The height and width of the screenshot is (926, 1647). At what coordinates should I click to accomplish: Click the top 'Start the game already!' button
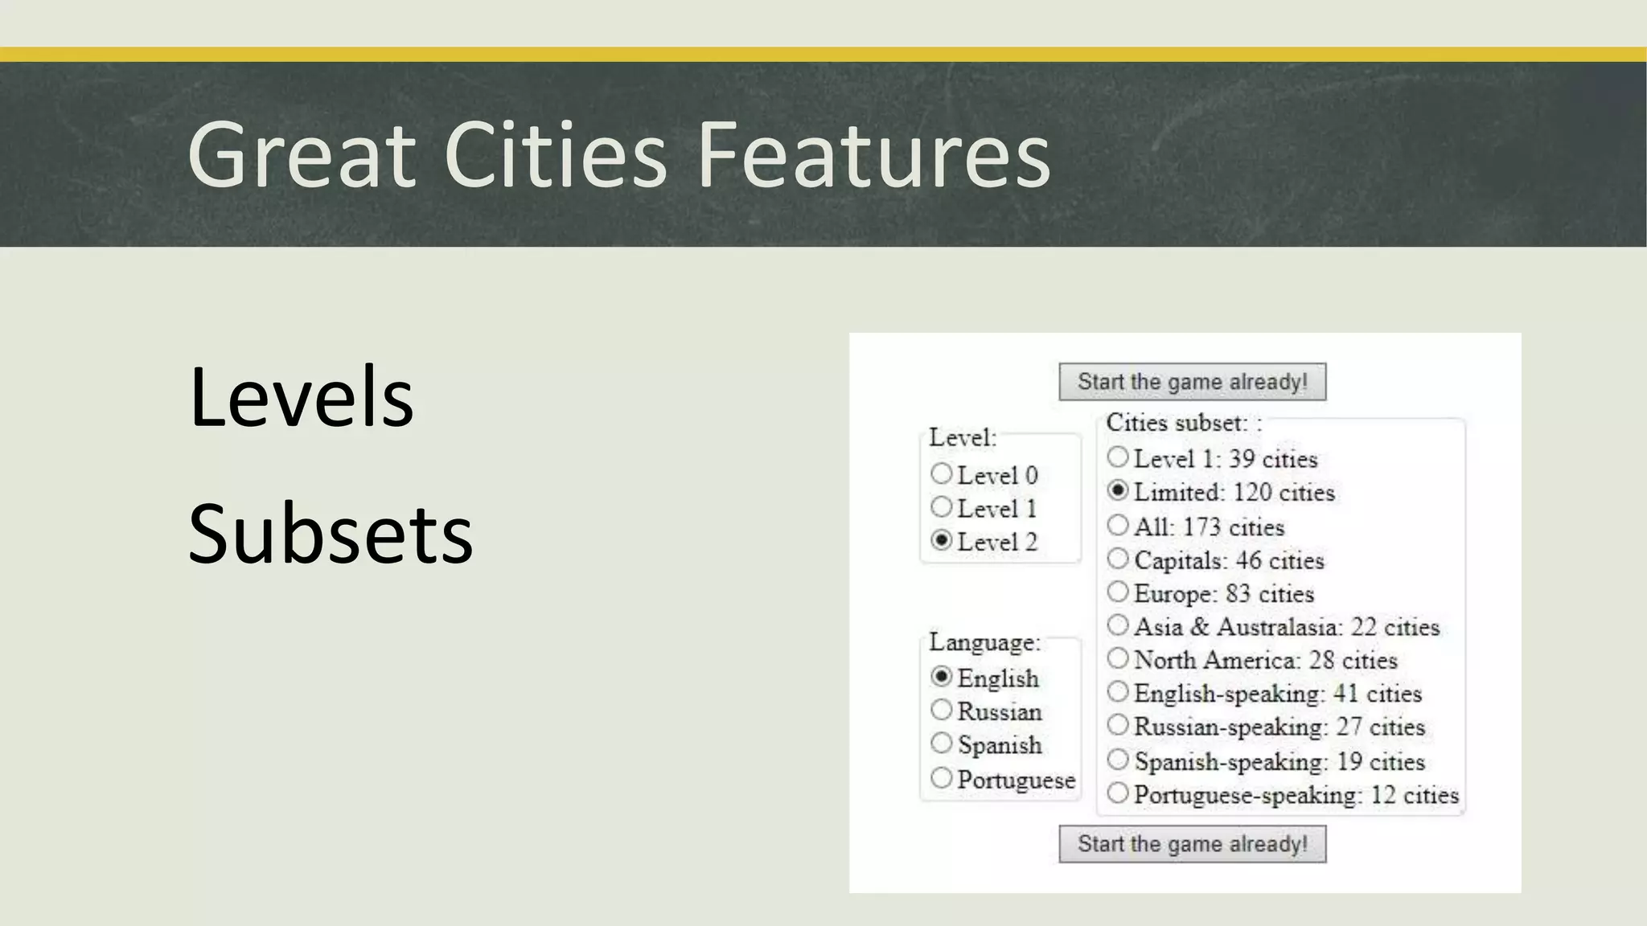tap(1192, 382)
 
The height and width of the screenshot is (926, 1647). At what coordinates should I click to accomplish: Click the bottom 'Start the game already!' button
tap(1192, 844)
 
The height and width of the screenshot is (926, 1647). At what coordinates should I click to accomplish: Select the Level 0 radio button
tap(942, 473)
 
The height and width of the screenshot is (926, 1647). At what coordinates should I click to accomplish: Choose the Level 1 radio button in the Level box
tap(942, 507)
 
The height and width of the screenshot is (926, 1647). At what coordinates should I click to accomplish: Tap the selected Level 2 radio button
tap(942, 540)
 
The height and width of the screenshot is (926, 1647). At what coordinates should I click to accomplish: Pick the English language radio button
tap(942, 677)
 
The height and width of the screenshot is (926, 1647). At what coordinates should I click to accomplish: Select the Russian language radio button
tap(942, 710)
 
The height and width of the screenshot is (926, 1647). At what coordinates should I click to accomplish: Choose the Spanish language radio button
tap(942, 744)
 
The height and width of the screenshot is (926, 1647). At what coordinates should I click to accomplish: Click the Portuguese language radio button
tap(942, 778)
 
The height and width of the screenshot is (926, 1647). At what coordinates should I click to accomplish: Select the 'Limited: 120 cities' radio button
tap(1118, 490)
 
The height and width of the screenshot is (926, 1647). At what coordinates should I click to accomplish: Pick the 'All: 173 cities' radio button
tap(1118, 526)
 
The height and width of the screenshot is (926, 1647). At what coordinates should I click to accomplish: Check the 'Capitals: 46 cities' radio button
tap(1118, 559)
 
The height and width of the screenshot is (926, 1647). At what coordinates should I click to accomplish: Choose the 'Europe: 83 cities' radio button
tap(1118, 592)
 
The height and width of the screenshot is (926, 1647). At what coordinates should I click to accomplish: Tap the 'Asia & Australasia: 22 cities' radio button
tap(1118, 625)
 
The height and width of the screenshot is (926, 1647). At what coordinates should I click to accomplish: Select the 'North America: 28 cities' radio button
tap(1118, 659)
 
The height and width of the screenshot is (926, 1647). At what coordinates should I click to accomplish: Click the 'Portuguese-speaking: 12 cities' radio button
tap(1118, 794)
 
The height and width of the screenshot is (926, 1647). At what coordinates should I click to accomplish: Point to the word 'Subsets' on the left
tap(331, 533)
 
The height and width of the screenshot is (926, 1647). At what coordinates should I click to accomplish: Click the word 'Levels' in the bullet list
tap(301, 396)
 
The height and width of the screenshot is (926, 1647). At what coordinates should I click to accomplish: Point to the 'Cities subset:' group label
tap(1177, 423)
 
